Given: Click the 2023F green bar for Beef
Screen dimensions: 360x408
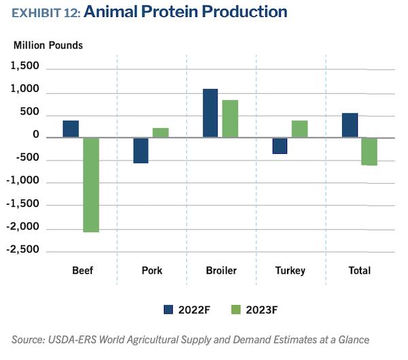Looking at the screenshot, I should (x=90, y=184).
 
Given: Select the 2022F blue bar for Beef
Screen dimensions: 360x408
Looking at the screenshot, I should (x=71, y=129).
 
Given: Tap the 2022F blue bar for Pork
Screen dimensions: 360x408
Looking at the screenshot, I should (x=141, y=150).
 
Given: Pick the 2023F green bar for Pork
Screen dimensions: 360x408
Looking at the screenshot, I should (x=160, y=133).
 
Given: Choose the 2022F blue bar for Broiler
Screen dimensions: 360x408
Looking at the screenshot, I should (x=210, y=114).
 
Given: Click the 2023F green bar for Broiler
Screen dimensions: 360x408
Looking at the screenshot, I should (x=230, y=119).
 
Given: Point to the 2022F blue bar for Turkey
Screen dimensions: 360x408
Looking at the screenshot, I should (x=279, y=146).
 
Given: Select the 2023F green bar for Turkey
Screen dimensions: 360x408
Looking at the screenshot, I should (x=299, y=129).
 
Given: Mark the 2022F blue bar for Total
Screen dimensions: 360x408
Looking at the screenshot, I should (x=350, y=125).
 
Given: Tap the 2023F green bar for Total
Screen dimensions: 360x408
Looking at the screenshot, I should (x=369, y=152).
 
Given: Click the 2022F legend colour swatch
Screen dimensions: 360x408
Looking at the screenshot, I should (x=169, y=310).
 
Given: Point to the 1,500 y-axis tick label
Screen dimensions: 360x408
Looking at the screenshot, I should (x=27, y=69).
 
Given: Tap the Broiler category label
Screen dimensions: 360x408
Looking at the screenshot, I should (x=221, y=271).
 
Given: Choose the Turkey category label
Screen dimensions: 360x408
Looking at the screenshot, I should (x=290, y=271).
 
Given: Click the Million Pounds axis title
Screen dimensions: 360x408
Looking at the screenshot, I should (x=48, y=46).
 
